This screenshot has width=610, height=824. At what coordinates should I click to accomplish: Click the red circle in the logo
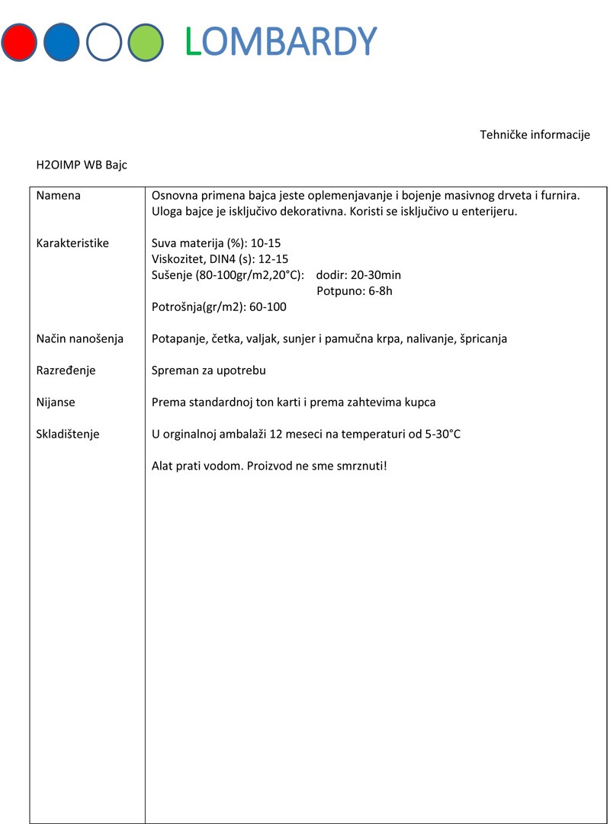tap(20, 42)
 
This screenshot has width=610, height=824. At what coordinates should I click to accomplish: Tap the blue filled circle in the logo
tap(63, 42)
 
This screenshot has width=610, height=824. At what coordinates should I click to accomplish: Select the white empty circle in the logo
tap(104, 42)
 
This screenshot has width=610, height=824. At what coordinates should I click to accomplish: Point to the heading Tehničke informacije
tap(535, 135)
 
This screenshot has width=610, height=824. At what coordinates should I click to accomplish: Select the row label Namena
tap(59, 196)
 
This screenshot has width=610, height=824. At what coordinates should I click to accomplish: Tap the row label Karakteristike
tap(72, 243)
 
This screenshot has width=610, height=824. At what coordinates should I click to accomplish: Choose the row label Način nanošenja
tap(80, 338)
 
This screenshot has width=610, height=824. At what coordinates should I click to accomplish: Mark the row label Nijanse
tap(56, 402)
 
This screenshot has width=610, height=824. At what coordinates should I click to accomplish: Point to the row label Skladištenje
tap(68, 434)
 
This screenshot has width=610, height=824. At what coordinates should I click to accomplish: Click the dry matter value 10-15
tap(266, 243)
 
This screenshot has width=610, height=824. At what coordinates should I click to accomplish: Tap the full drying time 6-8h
tap(379, 290)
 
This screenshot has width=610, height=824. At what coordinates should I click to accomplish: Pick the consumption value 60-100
tap(268, 306)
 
